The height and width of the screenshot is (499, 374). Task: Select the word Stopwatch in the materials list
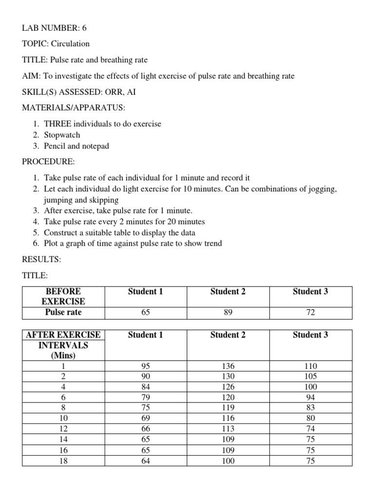tap(62, 135)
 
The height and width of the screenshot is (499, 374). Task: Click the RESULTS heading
tap(41, 260)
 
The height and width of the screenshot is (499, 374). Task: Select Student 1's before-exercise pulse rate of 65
tap(145, 312)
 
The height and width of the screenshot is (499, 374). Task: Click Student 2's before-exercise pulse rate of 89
tap(228, 312)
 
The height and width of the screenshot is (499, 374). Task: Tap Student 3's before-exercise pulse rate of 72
tap(310, 312)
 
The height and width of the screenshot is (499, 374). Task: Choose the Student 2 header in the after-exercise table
tap(228, 335)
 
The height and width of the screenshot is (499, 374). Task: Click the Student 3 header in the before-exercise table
tap(310, 291)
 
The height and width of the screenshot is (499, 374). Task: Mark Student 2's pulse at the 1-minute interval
tap(228, 366)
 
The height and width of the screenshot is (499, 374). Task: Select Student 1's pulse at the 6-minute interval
tap(145, 397)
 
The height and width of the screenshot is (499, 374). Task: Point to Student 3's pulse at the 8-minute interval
tap(310, 407)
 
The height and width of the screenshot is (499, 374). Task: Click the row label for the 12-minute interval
tap(63, 428)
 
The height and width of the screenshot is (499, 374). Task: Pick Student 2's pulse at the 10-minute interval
tap(228, 418)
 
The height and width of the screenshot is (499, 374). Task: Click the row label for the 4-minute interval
tap(63, 387)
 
